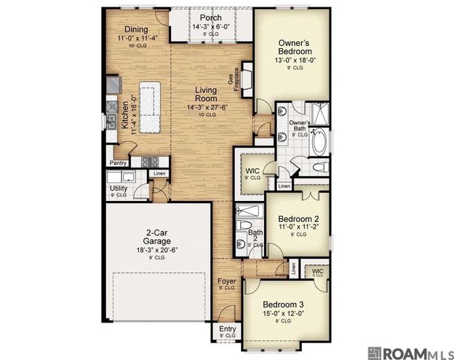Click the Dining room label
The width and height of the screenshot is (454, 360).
136,29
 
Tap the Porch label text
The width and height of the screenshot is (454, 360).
205,18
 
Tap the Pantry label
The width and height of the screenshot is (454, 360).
118,163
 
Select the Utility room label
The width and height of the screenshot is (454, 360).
118,188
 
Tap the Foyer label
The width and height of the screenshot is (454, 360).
226,282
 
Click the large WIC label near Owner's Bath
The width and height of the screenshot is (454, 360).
254,171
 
